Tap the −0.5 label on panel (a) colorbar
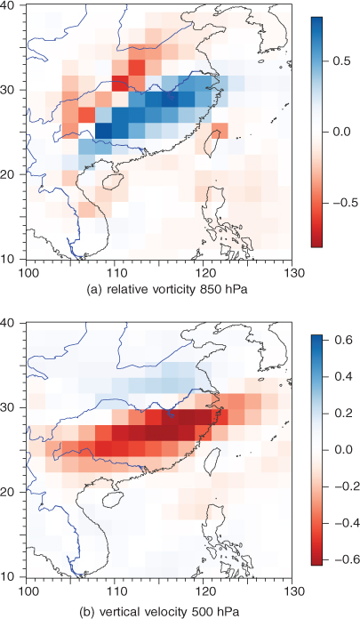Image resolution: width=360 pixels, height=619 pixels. pos(343,203)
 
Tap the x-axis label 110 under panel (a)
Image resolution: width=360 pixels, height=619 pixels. pos(115,272)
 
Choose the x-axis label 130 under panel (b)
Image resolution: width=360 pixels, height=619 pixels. pos(292,591)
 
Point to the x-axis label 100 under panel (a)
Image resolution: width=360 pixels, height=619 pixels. pos(26,272)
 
